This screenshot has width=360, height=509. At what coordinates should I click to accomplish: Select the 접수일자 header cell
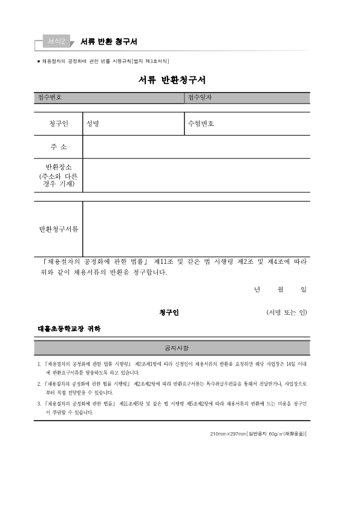pyautogui.click(x=200, y=97)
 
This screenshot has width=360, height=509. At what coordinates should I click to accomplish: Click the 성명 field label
pyautogui.click(x=93, y=124)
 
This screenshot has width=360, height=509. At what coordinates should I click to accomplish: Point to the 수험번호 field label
pyautogui.click(x=201, y=124)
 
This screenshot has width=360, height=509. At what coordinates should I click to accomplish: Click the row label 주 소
pyautogui.click(x=58, y=147)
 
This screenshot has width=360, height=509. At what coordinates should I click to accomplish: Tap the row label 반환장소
pyautogui.click(x=58, y=167)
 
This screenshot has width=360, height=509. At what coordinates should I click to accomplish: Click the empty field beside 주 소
pyautogui.click(x=196, y=147)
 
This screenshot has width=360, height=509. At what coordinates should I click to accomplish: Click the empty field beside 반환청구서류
pyautogui.click(x=196, y=229)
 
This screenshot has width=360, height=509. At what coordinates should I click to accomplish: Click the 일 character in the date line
pyautogui.click(x=303, y=290)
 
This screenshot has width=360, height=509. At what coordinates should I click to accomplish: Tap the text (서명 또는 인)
pyautogui.click(x=286, y=312)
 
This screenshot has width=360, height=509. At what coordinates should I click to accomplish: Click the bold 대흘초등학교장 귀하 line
pyautogui.click(x=70, y=329)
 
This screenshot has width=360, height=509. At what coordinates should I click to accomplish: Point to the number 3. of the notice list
pyautogui.click(x=39, y=403)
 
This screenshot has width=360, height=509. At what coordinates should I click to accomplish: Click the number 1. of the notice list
pyautogui.click(x=39, y=365)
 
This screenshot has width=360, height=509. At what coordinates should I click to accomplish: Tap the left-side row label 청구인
pyautogui.click(x=58, y=124)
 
